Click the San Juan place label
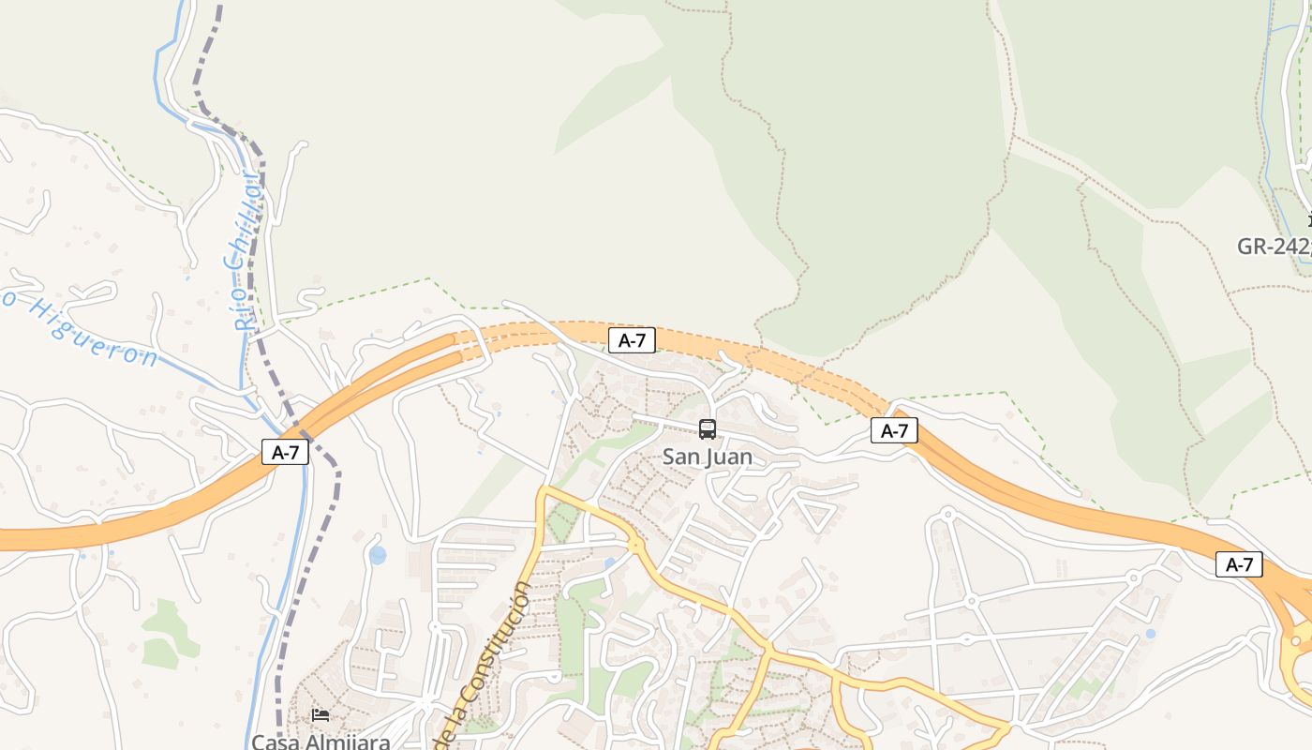(x=707, y=457)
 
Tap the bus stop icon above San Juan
(x=708, y=429)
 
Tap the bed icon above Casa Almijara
(x=321, y=715)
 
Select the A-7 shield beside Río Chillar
(x=285, y=452)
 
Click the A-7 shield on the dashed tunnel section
(x=632, y=340)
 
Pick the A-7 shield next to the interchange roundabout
(x=1239, y=564)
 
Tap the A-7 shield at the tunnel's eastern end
(x=894, y=430)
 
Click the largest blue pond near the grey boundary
(x=378, y=555)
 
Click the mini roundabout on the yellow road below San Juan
(x=634, y=543)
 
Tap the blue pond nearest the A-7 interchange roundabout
(x=1151, y=634)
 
